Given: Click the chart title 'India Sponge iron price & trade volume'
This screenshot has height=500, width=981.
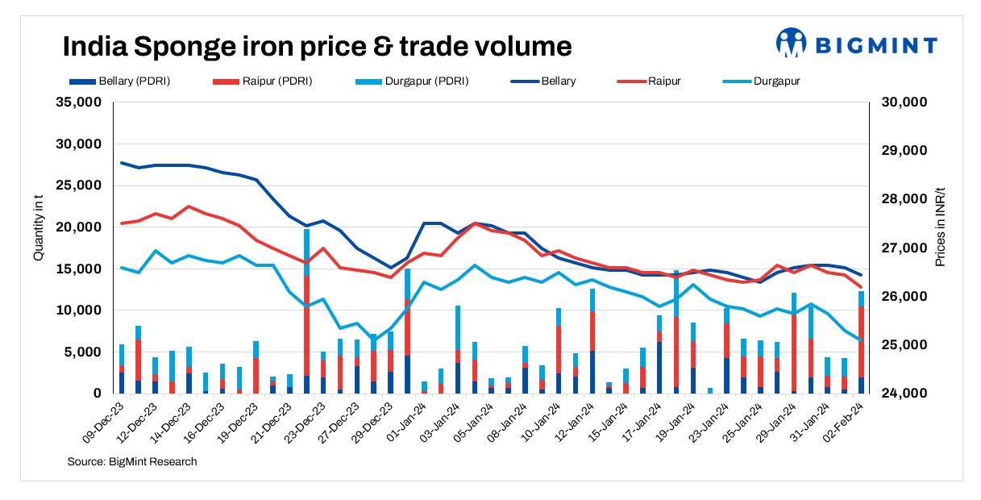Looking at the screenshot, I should pos(317,46).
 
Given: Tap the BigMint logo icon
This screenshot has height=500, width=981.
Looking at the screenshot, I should pos(792,43).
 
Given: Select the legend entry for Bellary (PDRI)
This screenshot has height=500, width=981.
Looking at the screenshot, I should pos(120,81).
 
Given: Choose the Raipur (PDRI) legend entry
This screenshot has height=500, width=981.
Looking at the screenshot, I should pos(262,81).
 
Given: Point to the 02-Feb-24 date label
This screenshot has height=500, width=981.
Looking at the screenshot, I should pos(842,421).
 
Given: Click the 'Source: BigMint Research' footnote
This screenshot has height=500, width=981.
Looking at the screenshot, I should pos(132,461).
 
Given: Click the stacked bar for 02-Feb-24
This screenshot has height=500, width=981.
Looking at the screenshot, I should pos(861,342).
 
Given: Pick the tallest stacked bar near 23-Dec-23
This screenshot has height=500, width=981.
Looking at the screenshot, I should pos(307,311).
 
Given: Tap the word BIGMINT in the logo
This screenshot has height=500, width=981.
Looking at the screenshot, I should pos(876,44).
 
